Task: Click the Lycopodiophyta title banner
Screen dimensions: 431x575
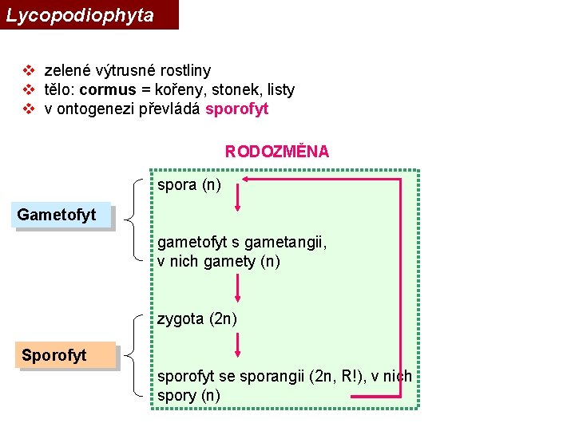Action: [x=88, y=14]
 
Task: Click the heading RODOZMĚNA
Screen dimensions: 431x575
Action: [x=277, y=152]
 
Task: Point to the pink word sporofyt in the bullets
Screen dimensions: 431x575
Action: [x=237, y=109]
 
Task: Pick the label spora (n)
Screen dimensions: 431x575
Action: [x=189, y=186]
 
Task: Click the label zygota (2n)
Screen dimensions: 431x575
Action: [x=197, y=319]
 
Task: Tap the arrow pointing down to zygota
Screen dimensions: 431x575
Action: [x=237, y=287]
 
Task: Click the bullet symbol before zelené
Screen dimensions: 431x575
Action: [x=28, y=71]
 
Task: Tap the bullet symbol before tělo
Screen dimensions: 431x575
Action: [x=28, y=90]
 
